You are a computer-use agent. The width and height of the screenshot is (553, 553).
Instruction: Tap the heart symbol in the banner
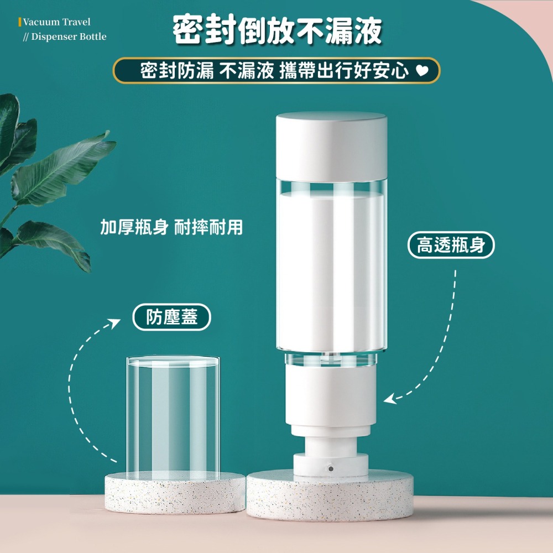(421, 71)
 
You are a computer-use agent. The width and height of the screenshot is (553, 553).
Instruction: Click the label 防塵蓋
(172, 317)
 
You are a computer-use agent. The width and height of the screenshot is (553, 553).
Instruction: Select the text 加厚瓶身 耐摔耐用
(171, 227)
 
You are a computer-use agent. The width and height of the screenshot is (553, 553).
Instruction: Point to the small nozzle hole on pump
(330, 468)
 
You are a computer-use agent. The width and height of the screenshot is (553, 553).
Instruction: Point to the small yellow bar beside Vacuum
(20, 22)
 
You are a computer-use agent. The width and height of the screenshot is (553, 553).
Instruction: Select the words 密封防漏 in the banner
(177, 71)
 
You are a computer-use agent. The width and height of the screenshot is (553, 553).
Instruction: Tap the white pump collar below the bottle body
(331, 398)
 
